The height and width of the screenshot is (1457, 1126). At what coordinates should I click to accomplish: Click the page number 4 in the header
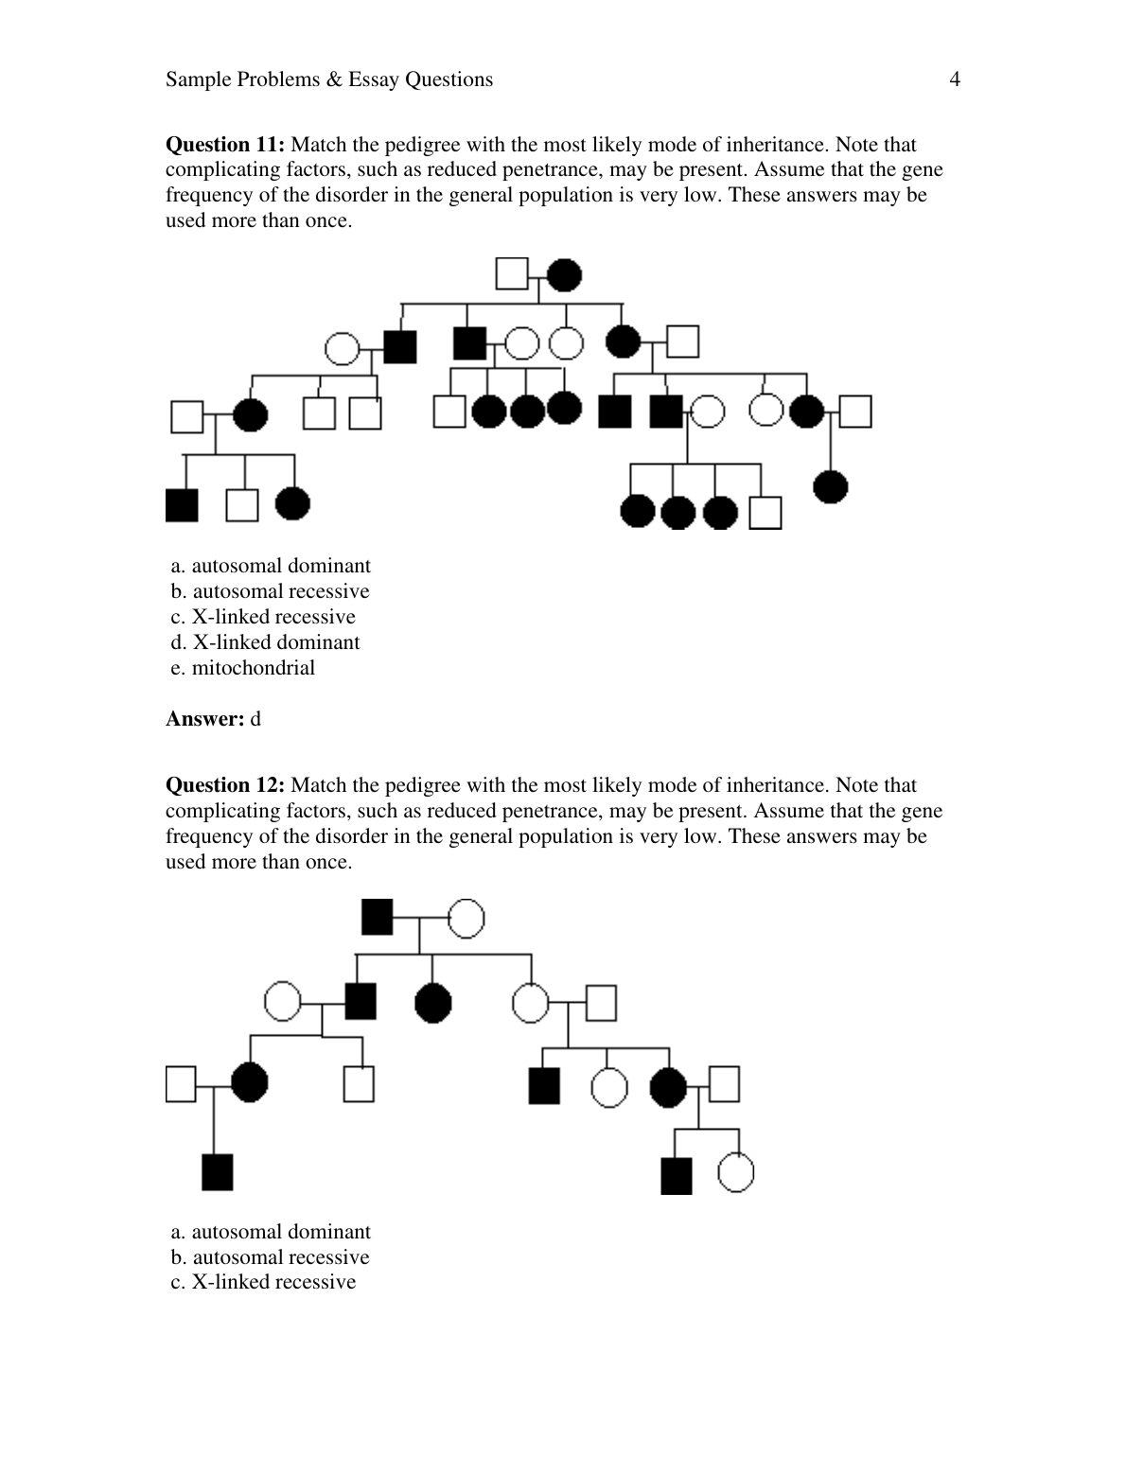954,79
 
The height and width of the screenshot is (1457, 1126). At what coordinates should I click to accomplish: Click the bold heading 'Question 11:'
224,145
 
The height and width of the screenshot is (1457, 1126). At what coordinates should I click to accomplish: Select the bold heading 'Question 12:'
224,785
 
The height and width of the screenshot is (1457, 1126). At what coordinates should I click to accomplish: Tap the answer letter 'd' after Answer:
255,719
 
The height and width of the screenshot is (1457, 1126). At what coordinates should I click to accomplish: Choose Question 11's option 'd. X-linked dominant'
265,642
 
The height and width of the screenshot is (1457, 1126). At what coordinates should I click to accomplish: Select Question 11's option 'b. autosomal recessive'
270,591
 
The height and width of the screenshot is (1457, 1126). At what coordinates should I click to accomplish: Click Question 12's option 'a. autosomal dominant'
271,1232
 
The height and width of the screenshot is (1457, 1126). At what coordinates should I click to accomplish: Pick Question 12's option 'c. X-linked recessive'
263,1282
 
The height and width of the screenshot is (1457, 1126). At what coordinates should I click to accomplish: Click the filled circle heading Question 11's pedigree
565,274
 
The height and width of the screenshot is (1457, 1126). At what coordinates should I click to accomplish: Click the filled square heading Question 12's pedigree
378,916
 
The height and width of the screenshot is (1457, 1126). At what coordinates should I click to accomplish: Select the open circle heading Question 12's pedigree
466,917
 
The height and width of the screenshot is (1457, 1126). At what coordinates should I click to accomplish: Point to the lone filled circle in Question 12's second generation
433,1003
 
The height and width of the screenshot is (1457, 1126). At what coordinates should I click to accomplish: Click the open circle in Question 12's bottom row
735,1174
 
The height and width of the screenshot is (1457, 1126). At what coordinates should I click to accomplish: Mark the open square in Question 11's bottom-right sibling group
765,512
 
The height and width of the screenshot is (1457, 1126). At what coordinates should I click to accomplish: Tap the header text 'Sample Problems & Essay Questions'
329,79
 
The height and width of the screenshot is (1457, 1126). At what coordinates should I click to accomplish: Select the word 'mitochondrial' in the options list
254,668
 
